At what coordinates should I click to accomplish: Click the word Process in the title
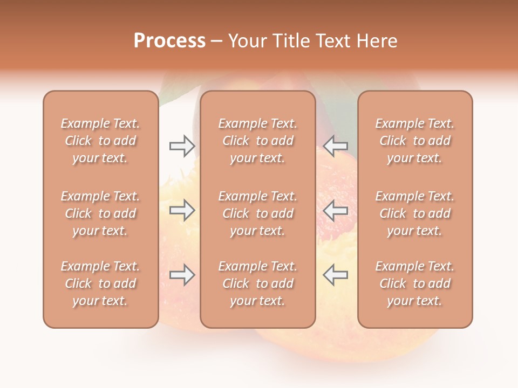click(169, 41)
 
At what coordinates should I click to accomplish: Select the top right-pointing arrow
click(182, 145)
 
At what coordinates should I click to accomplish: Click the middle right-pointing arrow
click(182, 211)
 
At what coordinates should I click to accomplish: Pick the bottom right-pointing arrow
click(182, 275)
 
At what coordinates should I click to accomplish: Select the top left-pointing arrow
click(336, 145)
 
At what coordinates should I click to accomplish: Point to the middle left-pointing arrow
click(336, 211)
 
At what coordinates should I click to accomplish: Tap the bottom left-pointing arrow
click(336, 275)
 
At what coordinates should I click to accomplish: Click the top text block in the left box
click(100, 141)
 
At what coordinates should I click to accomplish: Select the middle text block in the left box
click(100, 213)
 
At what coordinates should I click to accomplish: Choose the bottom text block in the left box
click(100, 283)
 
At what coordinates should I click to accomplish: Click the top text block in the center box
click(258, 141)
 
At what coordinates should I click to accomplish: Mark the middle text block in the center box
click(258, 213)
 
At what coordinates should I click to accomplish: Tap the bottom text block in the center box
click(258, 283)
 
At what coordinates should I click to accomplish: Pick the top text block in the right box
click(415, 141)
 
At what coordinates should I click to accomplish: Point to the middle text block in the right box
click(415, 213)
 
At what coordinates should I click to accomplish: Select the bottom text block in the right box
click(415, 283)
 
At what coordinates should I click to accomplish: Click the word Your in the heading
click(247, 41)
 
